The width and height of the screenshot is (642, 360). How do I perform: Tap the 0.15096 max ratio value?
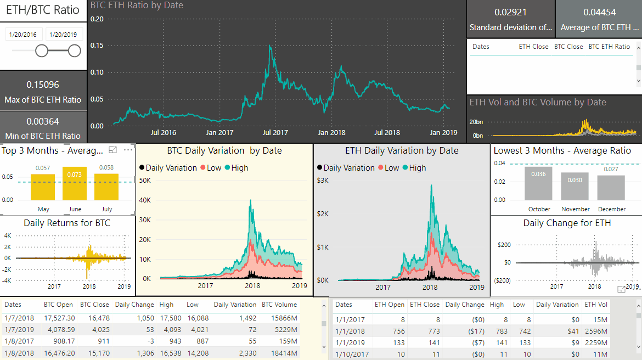click(x=43, y=85)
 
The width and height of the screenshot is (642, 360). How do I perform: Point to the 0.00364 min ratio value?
click(x=43, y=121)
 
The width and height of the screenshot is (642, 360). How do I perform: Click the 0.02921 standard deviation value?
click(x=510, y=12)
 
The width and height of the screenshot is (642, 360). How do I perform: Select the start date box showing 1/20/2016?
click(x=22, y=35)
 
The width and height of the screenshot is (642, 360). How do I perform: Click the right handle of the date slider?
click(x=75, y=51)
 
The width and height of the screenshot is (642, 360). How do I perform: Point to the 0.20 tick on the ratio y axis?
click(x=97, y=19)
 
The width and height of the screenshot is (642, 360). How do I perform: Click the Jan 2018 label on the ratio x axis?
click(x=331, y=133)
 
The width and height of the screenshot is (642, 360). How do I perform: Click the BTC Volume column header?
click(x=279, y=305)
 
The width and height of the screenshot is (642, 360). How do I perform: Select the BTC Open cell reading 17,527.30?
click(x=59, y=318)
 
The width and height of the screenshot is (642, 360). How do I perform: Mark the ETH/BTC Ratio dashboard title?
click(x=43, y=10)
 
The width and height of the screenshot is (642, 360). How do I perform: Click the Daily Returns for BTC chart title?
click(x=67, y=223)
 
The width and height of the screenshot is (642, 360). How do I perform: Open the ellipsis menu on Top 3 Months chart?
click(x=128, y=150)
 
